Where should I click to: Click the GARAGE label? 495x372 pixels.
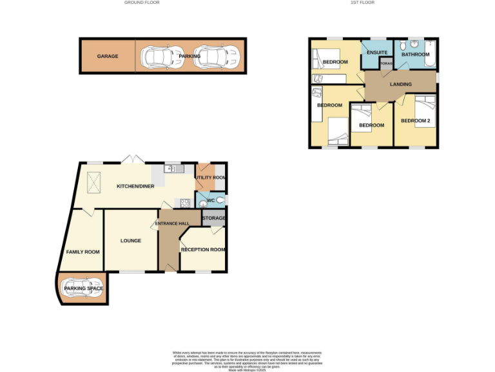[108, 56]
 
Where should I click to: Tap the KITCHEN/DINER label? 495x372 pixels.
[135, 187]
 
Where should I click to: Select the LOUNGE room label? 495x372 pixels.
[130, 241]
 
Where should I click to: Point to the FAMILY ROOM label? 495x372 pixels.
[83, 252]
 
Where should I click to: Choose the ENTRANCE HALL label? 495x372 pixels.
[171, 223]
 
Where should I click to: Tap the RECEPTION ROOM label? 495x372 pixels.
[203, 249]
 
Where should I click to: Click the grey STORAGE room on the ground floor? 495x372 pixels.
[213, 218]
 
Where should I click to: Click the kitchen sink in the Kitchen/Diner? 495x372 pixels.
[172, 169]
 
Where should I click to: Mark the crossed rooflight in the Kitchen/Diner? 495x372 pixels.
[93, 183]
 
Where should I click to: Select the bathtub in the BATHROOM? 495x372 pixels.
[432, 56]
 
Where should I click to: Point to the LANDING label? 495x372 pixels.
[400, 85]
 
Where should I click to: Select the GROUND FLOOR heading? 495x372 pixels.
[142, 3]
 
